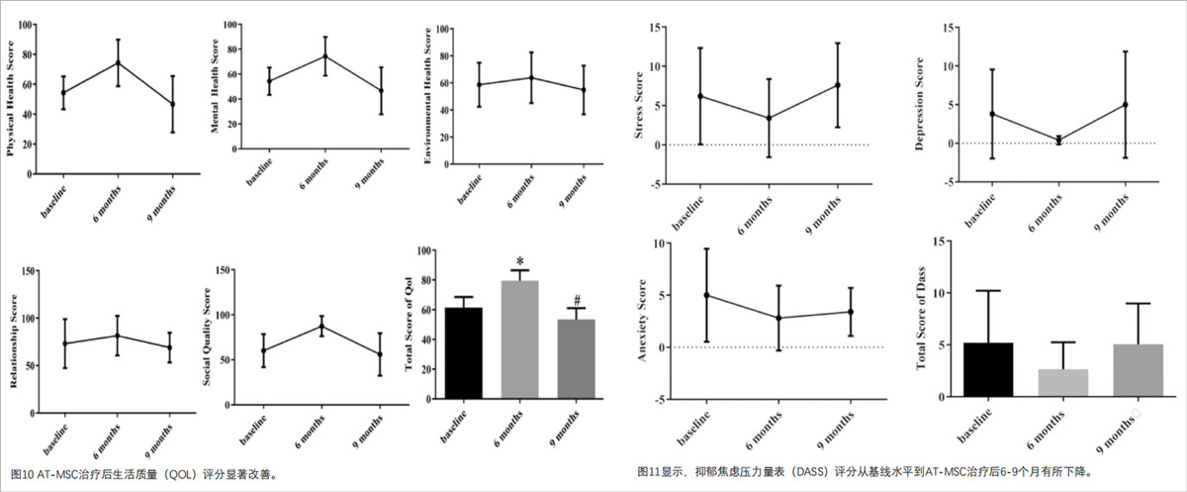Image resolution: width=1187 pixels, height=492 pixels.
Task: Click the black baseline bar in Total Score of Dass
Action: [990, 371]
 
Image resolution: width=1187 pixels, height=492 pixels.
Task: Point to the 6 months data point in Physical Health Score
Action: [118, 63]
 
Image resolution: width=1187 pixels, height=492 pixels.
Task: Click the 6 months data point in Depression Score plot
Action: [1058, 141]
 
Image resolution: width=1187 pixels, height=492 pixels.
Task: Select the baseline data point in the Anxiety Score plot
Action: [706, 295]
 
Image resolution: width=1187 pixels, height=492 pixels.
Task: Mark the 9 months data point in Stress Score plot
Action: [837, 85]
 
